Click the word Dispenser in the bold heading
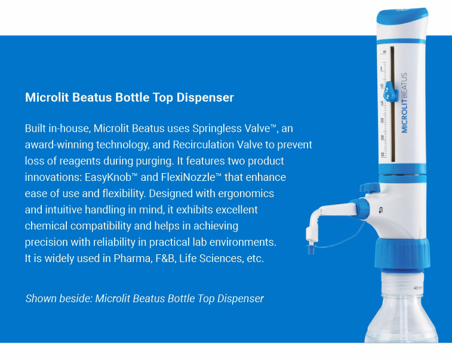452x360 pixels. [x=205, y=97]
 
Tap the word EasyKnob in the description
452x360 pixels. [x=108, y=177]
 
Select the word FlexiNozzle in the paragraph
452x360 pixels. [x=188, y=177]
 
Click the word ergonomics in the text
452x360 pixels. [x=246, y=193]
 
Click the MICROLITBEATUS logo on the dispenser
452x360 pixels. [x=404, y=103]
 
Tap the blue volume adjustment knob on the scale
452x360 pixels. [x=390, y=92]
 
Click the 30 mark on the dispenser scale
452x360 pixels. [x=382, y=155]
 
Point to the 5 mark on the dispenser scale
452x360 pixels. [x=382, y=69]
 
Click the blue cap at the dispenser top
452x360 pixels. [x=402, y=16]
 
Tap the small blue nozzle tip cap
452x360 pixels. [x=310, y=249]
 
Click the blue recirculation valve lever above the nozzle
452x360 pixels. [x=370, y=187]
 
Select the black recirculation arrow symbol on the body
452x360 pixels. [x=381, y=210]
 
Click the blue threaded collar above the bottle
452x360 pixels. [x=402, y=254]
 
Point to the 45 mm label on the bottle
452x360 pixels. [x=418, y=288]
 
